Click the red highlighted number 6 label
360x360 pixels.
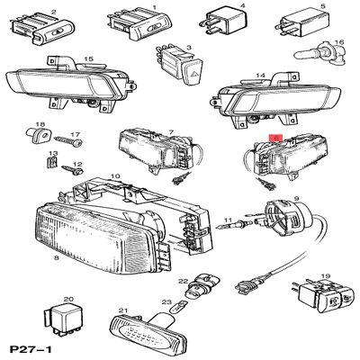(x=275, y=138)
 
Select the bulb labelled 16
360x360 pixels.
(x=319, y=54)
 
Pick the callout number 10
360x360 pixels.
(x=115, y=176)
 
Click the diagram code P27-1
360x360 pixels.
(x=31, y=349)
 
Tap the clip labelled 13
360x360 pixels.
(x=52, y=162)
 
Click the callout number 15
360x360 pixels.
(x=88, y=59)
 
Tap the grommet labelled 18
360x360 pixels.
(x=39, y=136)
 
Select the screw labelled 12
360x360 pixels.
(x=72, y=170)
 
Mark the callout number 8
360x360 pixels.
(x=57, y=257)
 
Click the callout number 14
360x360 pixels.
(x=260, y=76)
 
